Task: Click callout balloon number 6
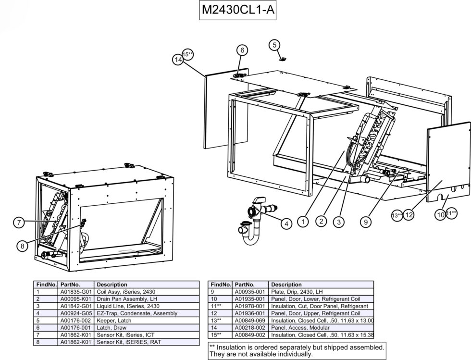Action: click(x=242, y=50)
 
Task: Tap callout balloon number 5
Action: click(x=274, y=45)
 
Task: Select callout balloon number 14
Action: click(x=178, y=59)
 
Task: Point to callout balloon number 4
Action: click(x=286, y=223)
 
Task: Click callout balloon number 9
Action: click(x=366, y=222)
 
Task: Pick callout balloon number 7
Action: click(x=19, y=222)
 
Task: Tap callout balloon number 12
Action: click(x=409, y=215)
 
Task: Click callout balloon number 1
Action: click(x=303, y=222)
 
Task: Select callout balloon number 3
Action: click(x=339, y=222)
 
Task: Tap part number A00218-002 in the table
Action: click(x=250, y=328)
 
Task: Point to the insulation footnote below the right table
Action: click(x=297, y=350)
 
